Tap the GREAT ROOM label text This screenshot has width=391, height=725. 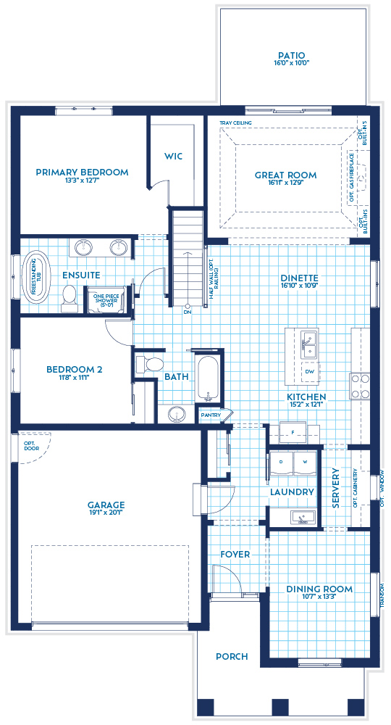[x=285, y=175]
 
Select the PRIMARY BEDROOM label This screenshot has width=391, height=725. [x=82, y=173]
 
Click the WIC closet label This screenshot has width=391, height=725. [x=173, y=156]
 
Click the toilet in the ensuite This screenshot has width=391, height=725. [x=70, y=296]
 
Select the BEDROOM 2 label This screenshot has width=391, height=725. [x=74, y=369]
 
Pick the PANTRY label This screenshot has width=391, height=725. [x=211, y=415]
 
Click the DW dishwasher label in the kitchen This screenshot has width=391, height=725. [x=309, y=371]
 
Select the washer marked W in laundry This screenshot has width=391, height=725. [x=305, y=460]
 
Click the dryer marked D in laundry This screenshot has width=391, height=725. [x=280, y=460]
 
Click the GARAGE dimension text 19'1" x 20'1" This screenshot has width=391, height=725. [x=107, y=514]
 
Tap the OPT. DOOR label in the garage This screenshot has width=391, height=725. [x=30, y=446]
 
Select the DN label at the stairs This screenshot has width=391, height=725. [x=187, y=313]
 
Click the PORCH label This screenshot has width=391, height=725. [x=232, y=656]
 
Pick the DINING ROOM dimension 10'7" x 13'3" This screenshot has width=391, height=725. [x=319, y=597]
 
